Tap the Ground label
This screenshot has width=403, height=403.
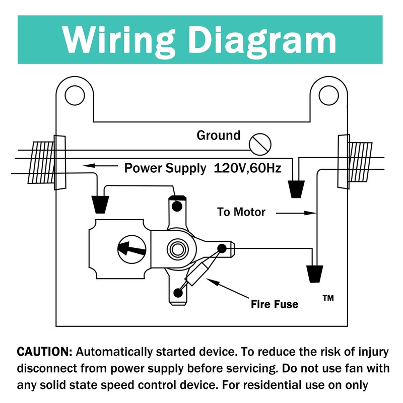218,136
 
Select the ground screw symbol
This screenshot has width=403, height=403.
260,145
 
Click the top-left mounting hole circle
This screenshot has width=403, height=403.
75,94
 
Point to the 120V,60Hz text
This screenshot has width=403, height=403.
247,168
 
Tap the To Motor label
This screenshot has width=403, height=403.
241,212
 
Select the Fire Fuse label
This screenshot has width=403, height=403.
275,304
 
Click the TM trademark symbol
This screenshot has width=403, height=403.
327,298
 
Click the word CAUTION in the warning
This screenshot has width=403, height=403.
44,351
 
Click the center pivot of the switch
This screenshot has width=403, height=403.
177,248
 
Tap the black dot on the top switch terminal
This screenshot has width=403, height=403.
177,207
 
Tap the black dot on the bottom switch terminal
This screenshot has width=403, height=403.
177,293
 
